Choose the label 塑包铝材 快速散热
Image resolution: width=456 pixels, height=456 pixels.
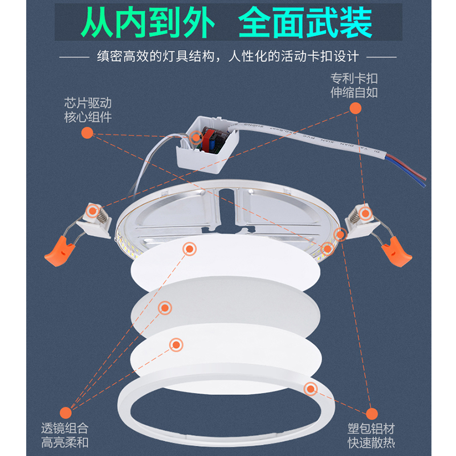point(371,435)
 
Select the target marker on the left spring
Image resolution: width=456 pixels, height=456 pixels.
point(91,211)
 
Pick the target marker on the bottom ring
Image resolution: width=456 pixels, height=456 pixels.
point(311,389)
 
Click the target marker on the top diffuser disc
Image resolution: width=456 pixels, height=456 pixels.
point(189,249)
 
